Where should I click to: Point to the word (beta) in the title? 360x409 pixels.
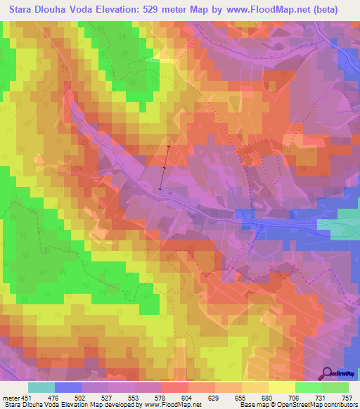coord(323,10)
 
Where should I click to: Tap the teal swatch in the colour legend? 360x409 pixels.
coord(41,387)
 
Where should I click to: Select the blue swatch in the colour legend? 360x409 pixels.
coord(68,387)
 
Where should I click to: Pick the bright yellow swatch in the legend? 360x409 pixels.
coord(282,387)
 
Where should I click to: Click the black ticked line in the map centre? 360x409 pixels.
coord(165,167)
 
